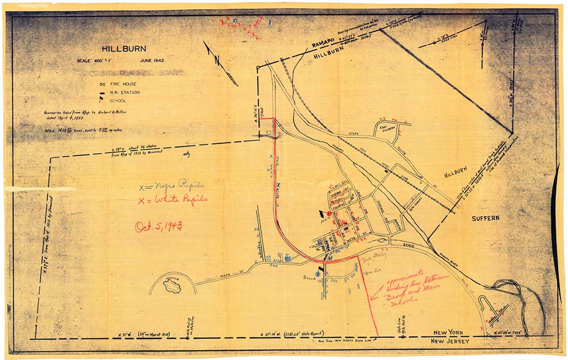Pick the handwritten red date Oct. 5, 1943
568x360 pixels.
point(158,227)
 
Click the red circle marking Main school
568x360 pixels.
point(328,214)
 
